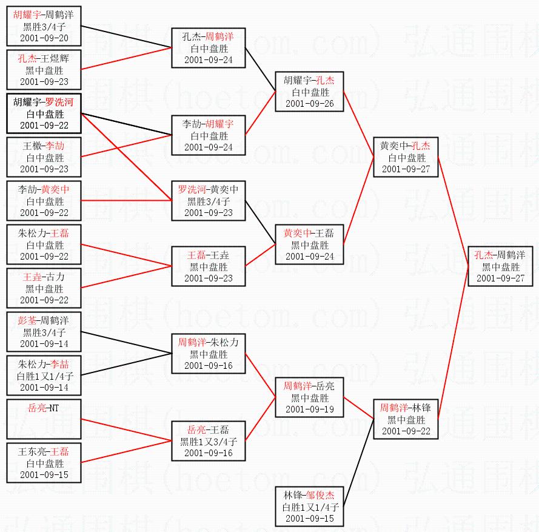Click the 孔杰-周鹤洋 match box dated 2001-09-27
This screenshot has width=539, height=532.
(500, 266)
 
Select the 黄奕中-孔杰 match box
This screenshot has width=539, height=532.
(406, 157)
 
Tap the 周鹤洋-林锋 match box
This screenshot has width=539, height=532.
(406, 419)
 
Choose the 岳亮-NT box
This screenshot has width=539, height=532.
(44, 419)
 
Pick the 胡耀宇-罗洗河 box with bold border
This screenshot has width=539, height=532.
(44, 113)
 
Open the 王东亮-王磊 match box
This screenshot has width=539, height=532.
(44, 463)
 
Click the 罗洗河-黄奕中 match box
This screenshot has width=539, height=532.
(209, 201)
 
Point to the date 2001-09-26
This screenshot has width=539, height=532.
(310, 104)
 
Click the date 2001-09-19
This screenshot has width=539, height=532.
(310, 409)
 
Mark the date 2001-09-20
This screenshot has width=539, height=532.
(44, 38)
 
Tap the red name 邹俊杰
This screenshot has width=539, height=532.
(320, 495)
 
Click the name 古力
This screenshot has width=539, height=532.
(55, 277)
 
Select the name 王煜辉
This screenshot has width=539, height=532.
(55, 58)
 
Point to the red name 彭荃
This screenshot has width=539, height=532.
(27, 320)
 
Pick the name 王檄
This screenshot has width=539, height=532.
(32, 146)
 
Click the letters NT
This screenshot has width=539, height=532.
(53, 408)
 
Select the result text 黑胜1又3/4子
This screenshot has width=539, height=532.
(209, 442)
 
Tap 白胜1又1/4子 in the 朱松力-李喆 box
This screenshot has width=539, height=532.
(45, 376)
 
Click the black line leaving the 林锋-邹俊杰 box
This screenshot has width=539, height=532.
(358, 462)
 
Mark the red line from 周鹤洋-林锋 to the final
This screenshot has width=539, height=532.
(453, 343)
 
